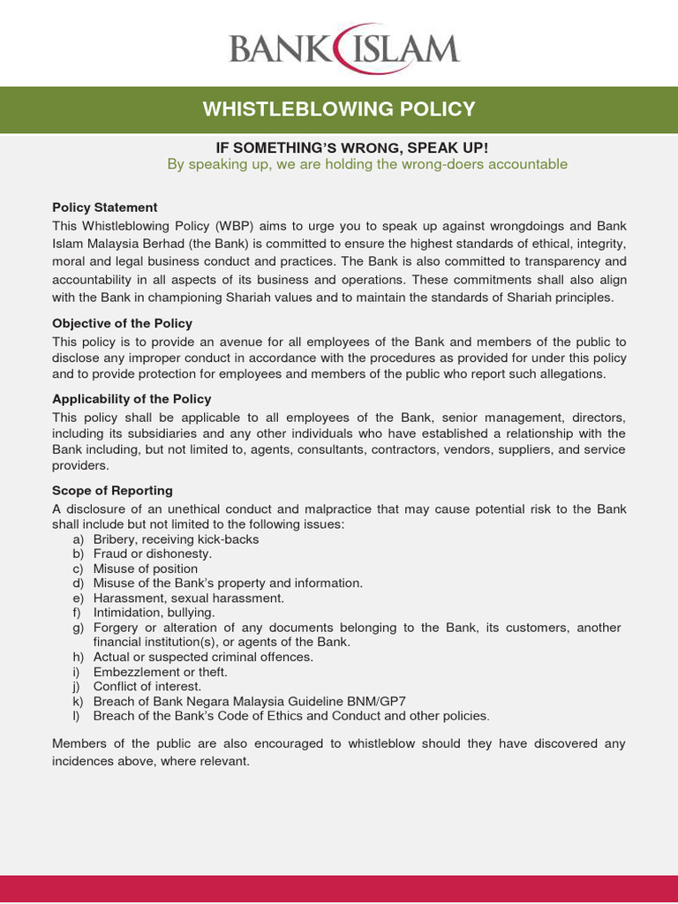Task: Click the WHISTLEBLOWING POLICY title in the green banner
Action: [x=339, y=109]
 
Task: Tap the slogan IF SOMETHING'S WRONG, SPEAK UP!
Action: [x=340, y=147]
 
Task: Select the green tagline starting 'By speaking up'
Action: [x=367, y=164]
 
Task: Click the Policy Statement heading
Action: [x=104, y=207]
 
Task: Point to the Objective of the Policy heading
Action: [x=122, y=323]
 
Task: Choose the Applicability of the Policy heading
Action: [x=132, y=399]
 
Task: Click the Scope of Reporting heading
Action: [x=112, y=490]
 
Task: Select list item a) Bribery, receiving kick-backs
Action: [x=176, y=539]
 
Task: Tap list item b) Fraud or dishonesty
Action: [x=152, y=554]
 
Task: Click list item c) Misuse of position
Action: [x=145, y=569]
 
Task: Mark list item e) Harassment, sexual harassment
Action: [x=188, y=598]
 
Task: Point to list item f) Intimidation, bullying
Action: [x=154, y=612]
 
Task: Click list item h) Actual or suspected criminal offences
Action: [x=203, y=657]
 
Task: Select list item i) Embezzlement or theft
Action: [x=160, y=672]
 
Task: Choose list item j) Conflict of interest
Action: [x=147, y=686]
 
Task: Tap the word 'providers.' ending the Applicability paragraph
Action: [x=80, y=465]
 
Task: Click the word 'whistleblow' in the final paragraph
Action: [x=385, y=743]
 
